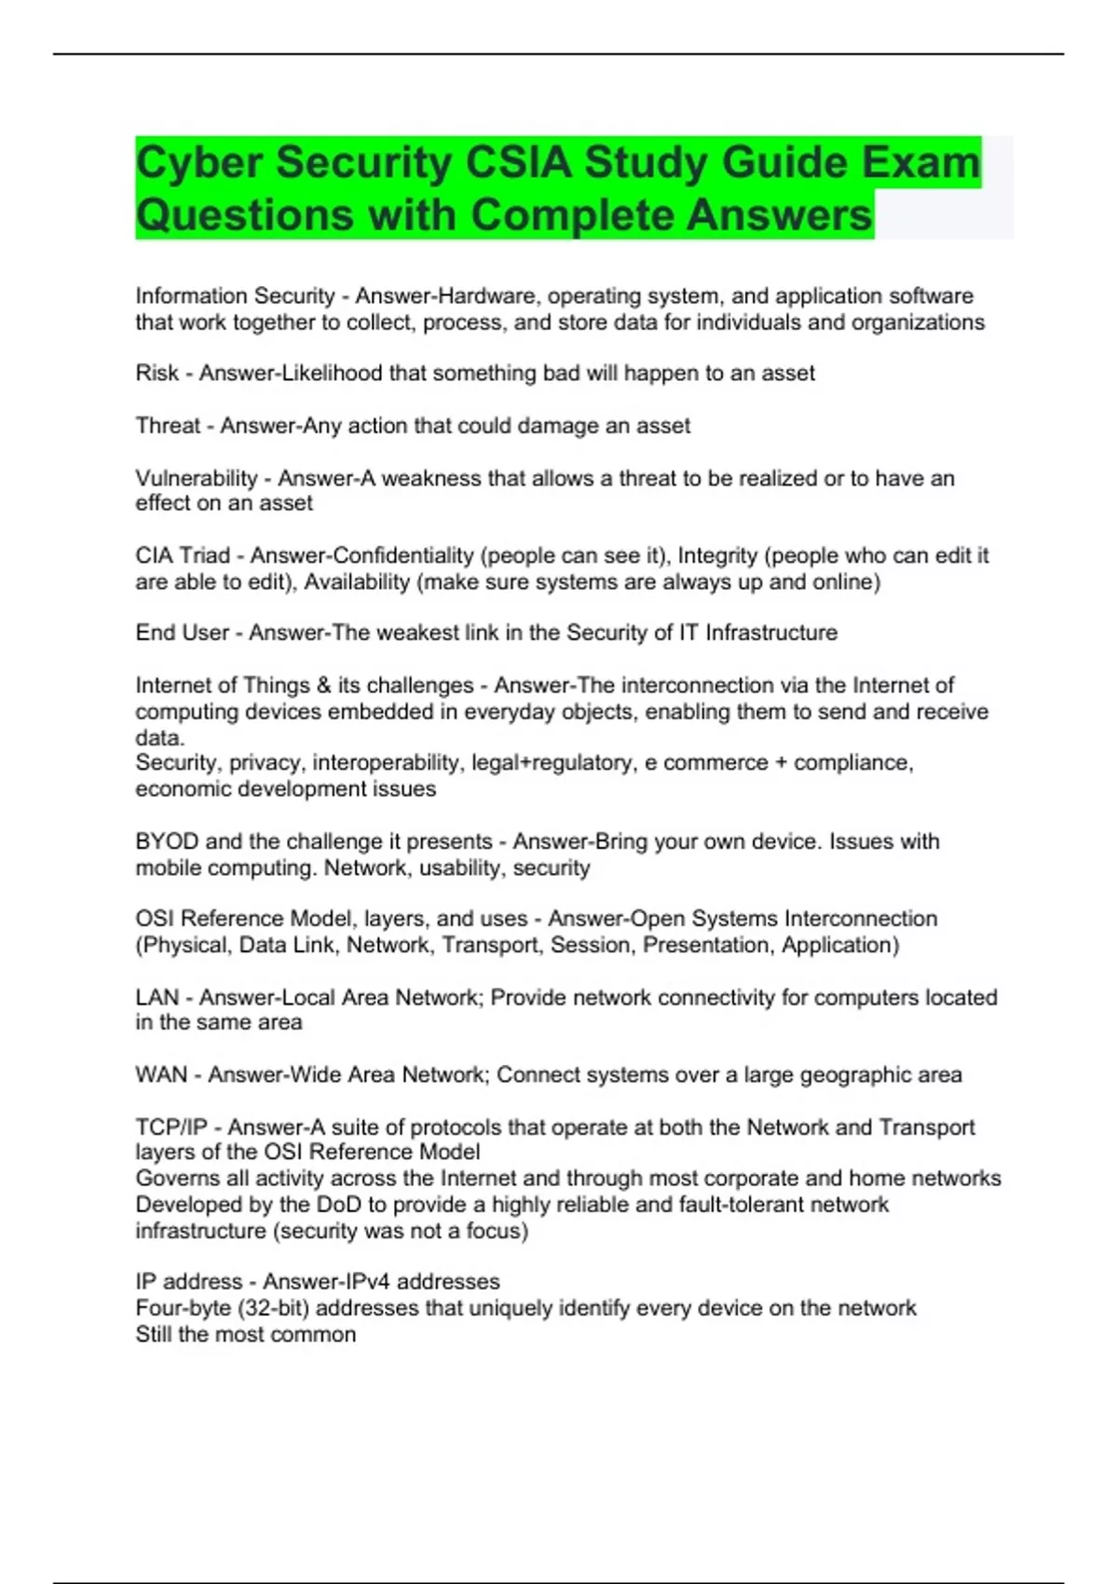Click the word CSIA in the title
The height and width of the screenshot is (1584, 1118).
pyautogui.click(x=518, y=163)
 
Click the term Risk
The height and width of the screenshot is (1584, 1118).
pyautogui.click(x=157, y=374)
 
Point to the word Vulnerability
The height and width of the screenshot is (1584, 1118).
pyautogui.click(x=197, y=478)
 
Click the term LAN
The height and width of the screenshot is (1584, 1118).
pyautogui.click(x=157, y=998)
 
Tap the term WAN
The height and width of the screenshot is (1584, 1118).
pyautogui.click(x=161, y=1075)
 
